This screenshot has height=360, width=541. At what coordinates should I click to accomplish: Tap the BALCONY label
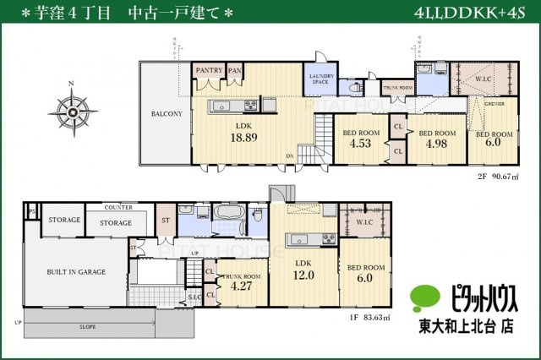(x=167, y=112)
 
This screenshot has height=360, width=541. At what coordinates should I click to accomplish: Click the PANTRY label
(x=208, y=70)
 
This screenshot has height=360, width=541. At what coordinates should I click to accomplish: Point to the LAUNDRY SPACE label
(x=320, y=79)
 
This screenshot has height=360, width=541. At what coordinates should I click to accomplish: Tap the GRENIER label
(x=495, y=104)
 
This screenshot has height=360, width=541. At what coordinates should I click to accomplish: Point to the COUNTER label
(x=117, y=207)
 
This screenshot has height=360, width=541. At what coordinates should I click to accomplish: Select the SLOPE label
(x=87, y=325)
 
